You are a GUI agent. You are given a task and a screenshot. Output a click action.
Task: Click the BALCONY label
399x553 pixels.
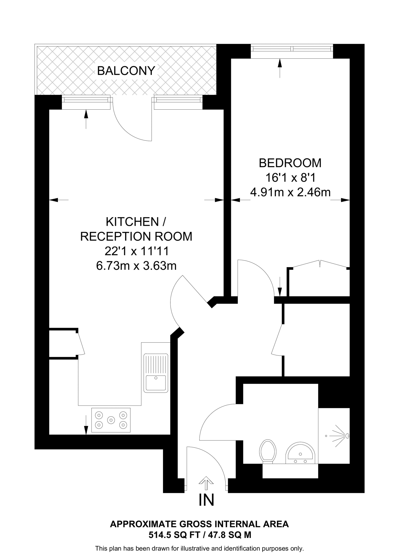[126, 71]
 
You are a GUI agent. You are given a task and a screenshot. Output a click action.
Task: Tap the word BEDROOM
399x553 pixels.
[290, 163]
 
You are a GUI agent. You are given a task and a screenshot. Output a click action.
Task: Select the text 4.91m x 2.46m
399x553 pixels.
[290, 193]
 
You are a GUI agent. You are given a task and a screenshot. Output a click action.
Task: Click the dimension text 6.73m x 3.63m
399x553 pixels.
[136, 266]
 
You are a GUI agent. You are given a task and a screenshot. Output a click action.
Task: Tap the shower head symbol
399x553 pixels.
[347, 436]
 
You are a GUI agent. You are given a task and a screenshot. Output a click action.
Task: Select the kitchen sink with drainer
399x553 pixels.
[156, 373]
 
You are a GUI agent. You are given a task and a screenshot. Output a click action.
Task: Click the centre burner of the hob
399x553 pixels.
[111, 420]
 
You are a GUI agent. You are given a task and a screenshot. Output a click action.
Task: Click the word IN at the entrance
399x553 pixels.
[206, 500]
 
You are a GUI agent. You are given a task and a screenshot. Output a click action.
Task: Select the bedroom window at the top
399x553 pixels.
[292, 49]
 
